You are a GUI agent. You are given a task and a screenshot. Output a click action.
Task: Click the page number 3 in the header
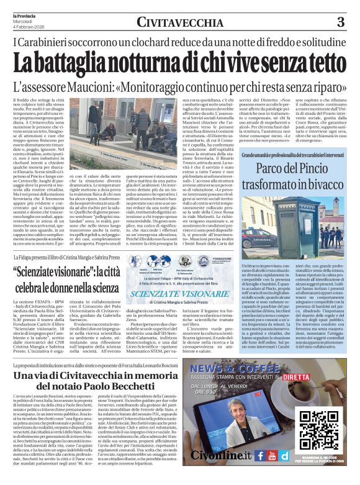tap(340, 22)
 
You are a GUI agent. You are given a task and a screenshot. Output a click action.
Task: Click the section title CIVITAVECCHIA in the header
tap(181, 23)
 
